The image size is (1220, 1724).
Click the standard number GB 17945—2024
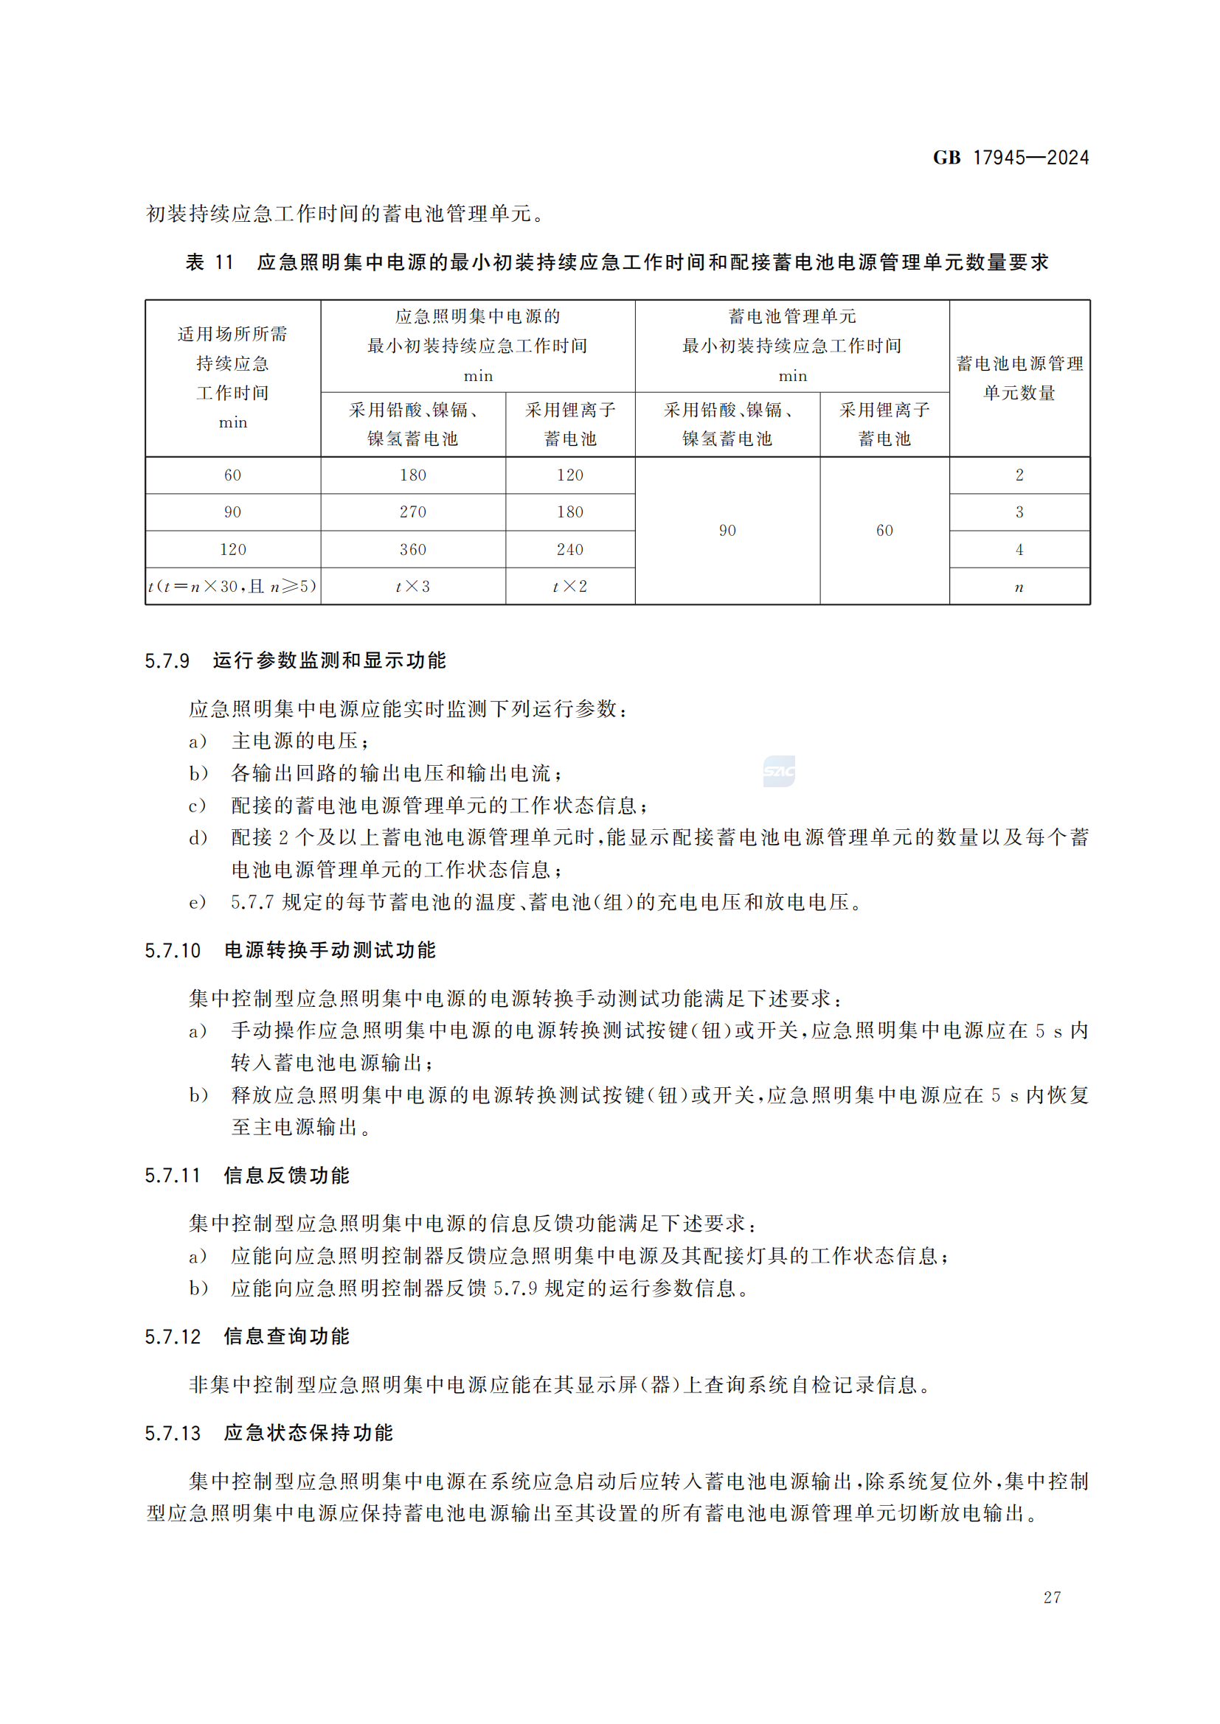click(1011, 158)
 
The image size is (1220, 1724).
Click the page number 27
click(1052, 1597)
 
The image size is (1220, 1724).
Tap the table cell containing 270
click(412, 512)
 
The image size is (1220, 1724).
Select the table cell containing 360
click(412, 550)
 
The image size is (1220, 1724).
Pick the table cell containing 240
click(570, 550)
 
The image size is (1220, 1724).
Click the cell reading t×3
click(412, 587)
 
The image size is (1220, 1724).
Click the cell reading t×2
click(570, 587)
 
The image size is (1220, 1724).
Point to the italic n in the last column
click(1019, 587)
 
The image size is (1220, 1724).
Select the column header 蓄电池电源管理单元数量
click(1019, 377)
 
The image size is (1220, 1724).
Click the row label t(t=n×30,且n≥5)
click(233, 587)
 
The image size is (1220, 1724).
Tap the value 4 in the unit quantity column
click(1019, 550)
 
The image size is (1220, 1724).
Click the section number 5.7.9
click(167, 660)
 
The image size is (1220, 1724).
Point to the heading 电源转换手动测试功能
click(330, 951)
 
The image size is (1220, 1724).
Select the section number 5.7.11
click(172, 1176)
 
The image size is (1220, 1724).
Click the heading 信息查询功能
click(286, 1336)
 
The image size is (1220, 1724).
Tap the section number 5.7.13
click(172, 1434)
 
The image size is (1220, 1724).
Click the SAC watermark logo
click(779, 771)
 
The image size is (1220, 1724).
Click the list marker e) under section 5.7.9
click(197, 901)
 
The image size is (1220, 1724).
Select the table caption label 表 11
click(209, 262)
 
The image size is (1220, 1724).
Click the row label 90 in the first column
click(233, 512)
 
